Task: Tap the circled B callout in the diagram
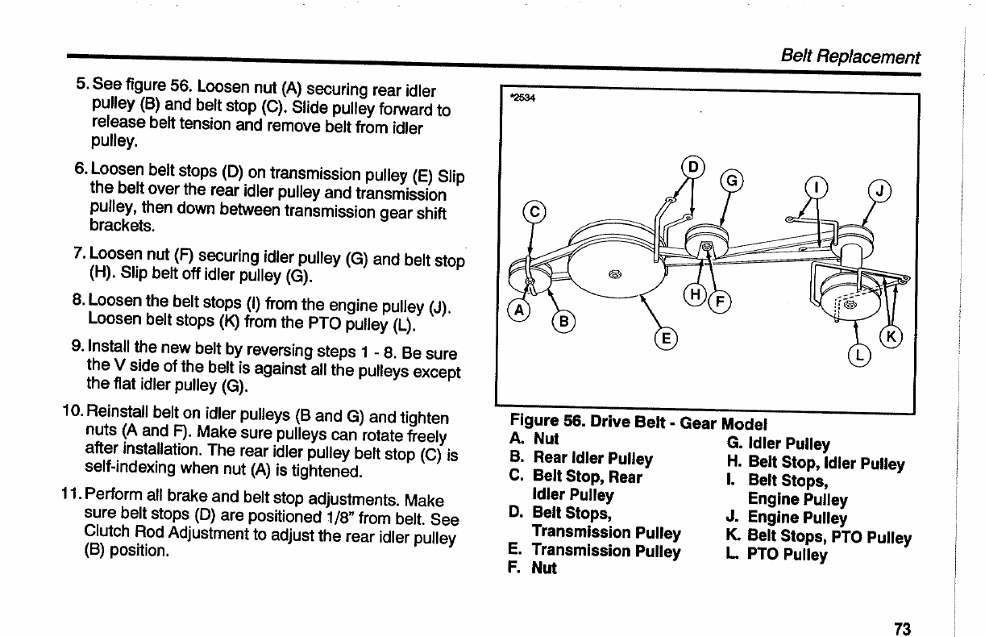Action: [x=563, y=322]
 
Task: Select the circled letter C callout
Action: [x=533, y=213]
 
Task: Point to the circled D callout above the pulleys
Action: [x=692, y=168]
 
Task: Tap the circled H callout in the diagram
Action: [x=695, y=295]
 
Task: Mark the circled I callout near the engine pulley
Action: [x=817, y=188]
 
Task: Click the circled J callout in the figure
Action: [x=878, y=191]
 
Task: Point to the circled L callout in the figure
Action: [x=859, y=355]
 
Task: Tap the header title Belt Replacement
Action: [x=850, y=57]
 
